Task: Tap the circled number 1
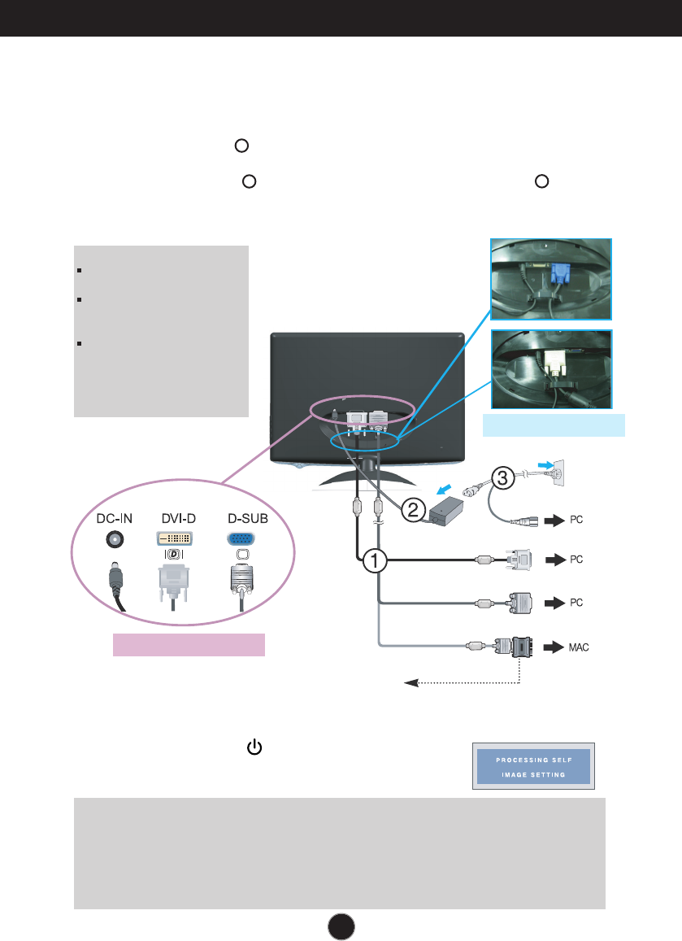click(376, 560)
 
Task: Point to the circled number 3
click(503, 478)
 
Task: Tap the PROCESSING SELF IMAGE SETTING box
click(533, 766)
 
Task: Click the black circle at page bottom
click(341, 925)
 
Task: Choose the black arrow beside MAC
click(553, 648)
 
